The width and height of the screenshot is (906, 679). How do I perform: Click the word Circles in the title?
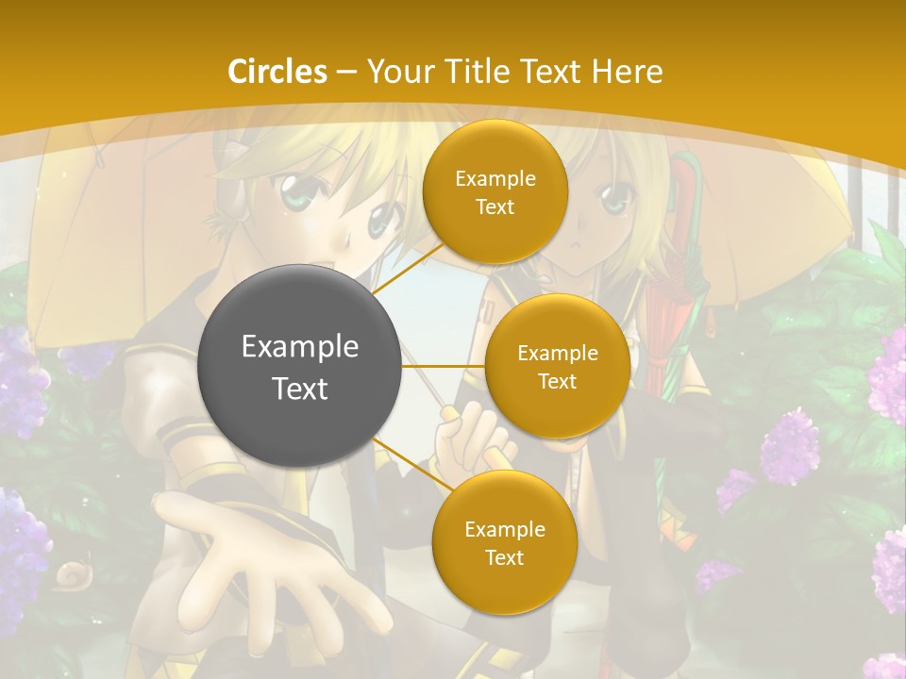click(x=277, y=71)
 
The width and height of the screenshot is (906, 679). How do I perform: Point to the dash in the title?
click(x=346, y=73)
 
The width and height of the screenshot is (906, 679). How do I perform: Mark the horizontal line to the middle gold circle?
click(x=444, y=366)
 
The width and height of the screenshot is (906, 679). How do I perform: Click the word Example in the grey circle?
click(x=300, y=347)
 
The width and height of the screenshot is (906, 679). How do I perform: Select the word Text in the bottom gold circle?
click(x=504, y=557)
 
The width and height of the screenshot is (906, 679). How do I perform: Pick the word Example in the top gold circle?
click(x=495, y=178)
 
